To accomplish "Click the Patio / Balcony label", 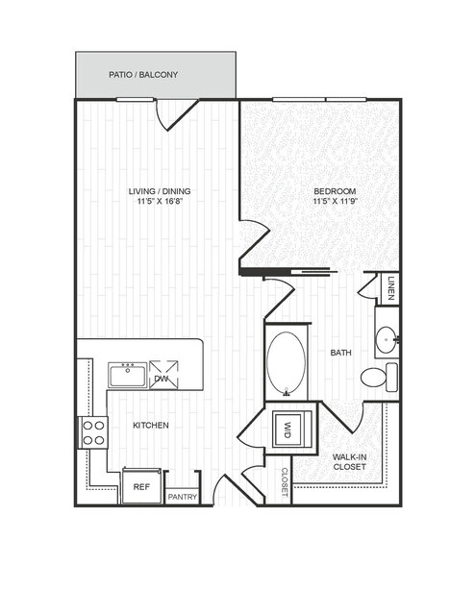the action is (143, 74).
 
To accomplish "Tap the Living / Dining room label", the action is (160, 191).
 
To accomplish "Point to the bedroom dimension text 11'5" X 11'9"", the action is (337, 202).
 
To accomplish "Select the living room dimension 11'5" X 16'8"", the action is (161, 202).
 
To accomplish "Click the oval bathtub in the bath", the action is (286, 363).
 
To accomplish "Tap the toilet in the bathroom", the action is (379, 377).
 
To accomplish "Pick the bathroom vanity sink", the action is (387, 339).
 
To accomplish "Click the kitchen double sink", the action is (128, 375).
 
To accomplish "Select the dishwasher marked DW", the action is (163, 375).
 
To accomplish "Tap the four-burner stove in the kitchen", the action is (93, 432).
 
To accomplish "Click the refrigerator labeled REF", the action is (141, 486).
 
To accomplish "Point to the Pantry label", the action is (183, 497).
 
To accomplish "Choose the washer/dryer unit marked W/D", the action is (290, 429).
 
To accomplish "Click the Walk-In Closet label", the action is (349, 461).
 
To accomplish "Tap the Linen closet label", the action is (390, 288).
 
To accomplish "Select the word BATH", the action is (341, 353).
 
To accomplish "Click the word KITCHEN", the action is (151, 425).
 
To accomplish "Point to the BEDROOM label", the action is (335, 191).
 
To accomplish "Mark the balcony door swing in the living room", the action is (174, 114).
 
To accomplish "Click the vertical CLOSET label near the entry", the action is (285, 482).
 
